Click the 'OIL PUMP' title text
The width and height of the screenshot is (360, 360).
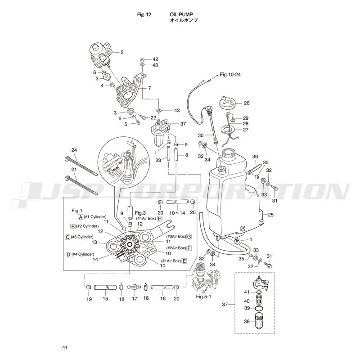181,14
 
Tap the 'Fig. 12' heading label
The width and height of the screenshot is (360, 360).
144,14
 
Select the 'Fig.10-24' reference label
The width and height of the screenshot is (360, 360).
230,74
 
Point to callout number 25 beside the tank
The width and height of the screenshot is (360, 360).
271,215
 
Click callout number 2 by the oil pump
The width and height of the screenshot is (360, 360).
122,52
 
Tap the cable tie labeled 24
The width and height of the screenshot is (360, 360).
81,166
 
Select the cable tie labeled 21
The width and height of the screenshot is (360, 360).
81,185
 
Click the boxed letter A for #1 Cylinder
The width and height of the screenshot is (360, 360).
81,217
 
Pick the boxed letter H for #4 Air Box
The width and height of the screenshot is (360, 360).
160,219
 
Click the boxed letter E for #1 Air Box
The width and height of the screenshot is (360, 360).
184,261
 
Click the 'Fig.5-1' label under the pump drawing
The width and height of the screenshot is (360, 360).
203,297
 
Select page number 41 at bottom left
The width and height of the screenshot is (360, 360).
64,347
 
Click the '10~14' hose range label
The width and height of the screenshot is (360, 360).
177,213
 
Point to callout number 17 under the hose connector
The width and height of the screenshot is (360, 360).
135,299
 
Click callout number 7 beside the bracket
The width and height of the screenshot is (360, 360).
149,88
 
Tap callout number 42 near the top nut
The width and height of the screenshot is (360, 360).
155,59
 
